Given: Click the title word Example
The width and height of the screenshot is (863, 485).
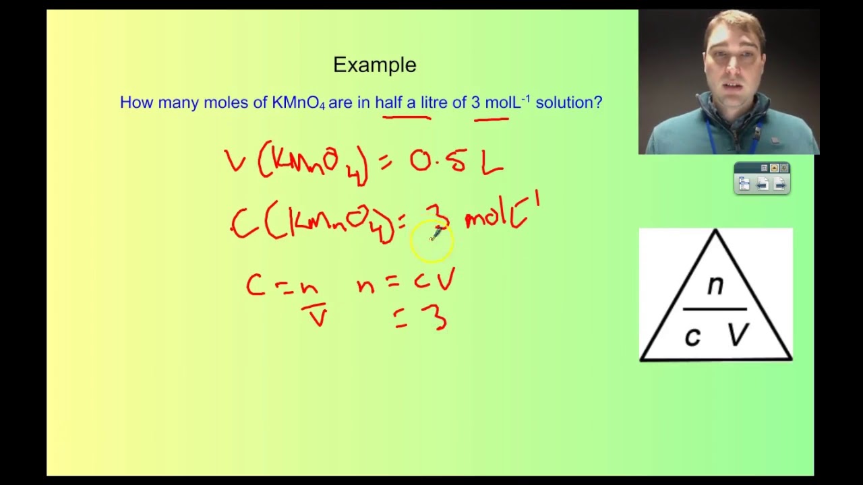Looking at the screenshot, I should [375, 65].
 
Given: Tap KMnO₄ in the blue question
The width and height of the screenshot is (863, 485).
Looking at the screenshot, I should [299, 103].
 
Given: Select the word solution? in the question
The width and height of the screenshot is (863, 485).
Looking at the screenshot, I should [568, 103].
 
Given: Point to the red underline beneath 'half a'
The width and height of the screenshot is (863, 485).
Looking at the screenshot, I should [407, 118].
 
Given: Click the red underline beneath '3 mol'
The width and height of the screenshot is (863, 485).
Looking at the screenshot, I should [492, 119].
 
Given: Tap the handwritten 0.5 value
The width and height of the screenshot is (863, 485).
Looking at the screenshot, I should [438, 162].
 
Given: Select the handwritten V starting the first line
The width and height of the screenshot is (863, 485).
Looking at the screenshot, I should [235, 162].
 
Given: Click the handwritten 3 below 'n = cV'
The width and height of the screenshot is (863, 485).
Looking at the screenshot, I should [438, 317].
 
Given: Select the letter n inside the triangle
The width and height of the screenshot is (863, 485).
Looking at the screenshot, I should [715, 286].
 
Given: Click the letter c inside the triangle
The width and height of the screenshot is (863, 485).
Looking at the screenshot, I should [692, 336].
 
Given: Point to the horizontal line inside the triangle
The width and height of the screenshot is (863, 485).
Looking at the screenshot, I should [715, 309].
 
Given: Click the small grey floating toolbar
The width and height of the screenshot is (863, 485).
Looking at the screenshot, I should [762, 179].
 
